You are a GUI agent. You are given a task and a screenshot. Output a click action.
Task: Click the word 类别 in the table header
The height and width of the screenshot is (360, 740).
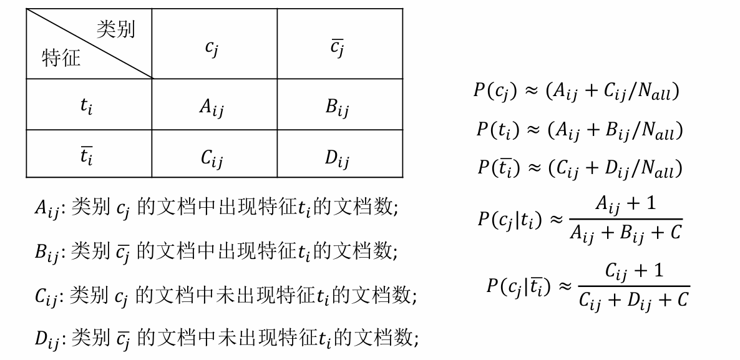(115, 29)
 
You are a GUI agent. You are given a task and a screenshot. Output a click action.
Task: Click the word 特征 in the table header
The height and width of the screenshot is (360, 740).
(61, 58)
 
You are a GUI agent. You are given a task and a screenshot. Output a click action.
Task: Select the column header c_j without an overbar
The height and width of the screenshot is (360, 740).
(212, 48)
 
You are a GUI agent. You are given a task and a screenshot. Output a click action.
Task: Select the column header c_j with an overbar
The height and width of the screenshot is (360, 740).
(337, 48)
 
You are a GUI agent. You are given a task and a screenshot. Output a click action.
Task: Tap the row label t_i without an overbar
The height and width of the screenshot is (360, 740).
(87, 106)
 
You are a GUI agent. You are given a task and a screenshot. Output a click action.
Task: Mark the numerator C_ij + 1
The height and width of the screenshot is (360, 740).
(634, 271)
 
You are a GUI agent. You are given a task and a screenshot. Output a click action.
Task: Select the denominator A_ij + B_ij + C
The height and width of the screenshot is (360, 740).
(626, 233)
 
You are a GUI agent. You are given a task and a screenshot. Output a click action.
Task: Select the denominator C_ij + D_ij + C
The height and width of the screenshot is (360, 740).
(633, 300)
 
